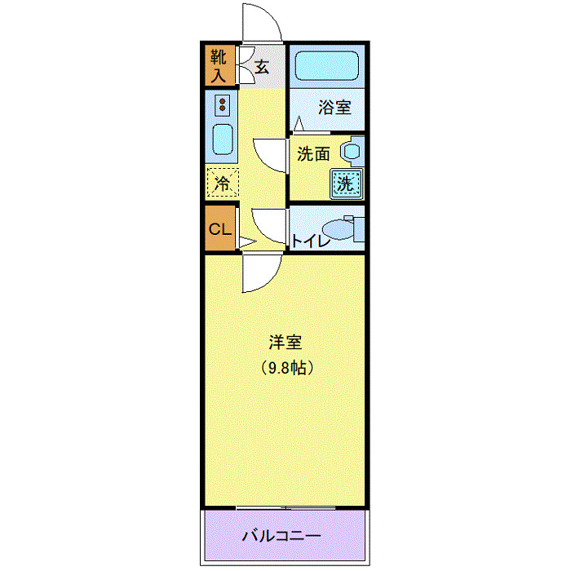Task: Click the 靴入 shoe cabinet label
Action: (x=219, y=66)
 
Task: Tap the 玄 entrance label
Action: (x=261, y=67)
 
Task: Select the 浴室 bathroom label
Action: (x=334, y=106)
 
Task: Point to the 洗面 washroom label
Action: (x=312, y=153)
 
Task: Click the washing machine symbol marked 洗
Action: (x=346, y=184)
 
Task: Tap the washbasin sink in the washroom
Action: (x=352, y=152)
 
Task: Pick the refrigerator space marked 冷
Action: (x=222, y=182)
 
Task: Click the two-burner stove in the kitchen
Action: (x=222, y=105)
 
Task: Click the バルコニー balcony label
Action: (x=281, y=536)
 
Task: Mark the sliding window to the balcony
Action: (x=285, y=508)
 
